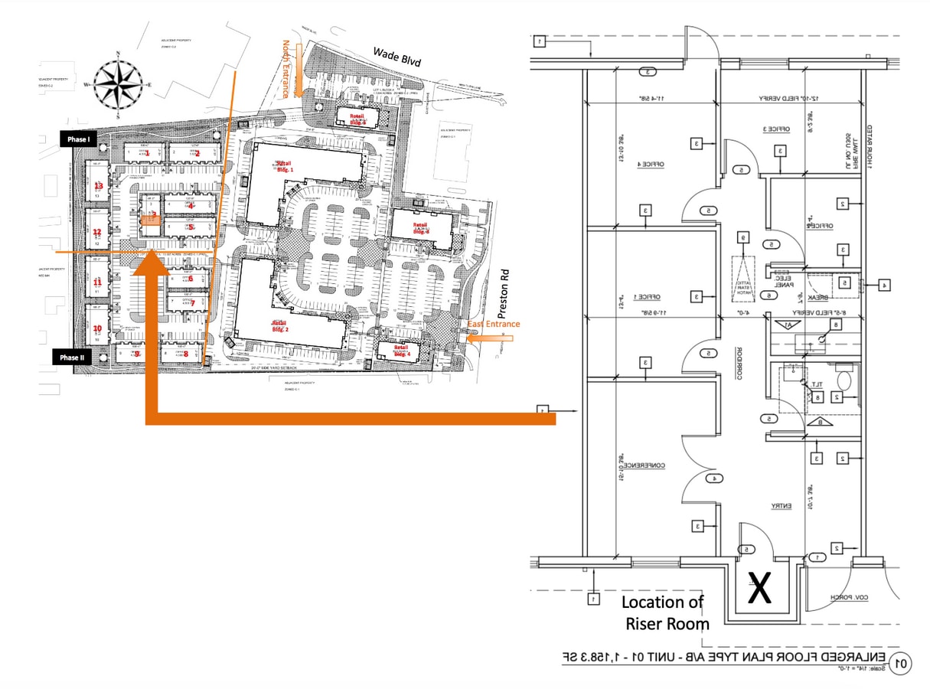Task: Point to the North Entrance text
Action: tap(288, 68)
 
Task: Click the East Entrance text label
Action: tap(494, 324)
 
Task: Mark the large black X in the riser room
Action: tap(758, 589)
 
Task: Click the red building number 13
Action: tap(98, 186)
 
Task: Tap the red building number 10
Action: tap(97, 329)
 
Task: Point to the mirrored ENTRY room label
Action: tap(781, 506)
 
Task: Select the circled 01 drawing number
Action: tap(902, 662)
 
